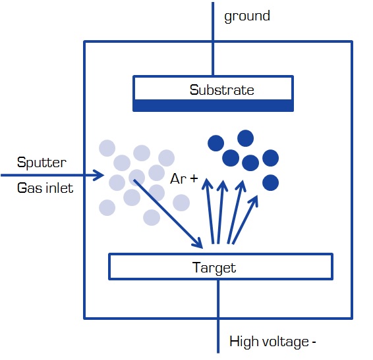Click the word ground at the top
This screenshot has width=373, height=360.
[x=247, y=16]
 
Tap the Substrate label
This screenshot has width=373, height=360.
[x=221, y=90]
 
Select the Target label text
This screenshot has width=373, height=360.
[x=214, y=268]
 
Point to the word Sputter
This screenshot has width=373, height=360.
[x=42, y=163]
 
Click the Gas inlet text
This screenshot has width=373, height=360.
[x=45, y=188]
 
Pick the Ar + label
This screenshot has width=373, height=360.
[x=184, y=178]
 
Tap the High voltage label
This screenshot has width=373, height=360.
[x=273, y=342]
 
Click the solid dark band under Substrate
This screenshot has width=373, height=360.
[x=213, y=105]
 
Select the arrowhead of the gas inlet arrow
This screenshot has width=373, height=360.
[x=98, y=175]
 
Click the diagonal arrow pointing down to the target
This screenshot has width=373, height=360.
[x=168, y=214]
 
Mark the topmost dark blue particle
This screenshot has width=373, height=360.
[x=246, y=138]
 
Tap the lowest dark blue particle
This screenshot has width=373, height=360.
[x=270, y=182]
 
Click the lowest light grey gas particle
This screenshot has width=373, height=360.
[x=152, y=217]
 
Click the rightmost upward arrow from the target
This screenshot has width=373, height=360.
[x=245, y=220]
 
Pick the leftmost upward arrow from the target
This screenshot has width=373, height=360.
[x=210, y=211]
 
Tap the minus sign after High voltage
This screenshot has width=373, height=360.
[x=314, y=342]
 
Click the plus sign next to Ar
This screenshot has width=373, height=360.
[x=194, y=178]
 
